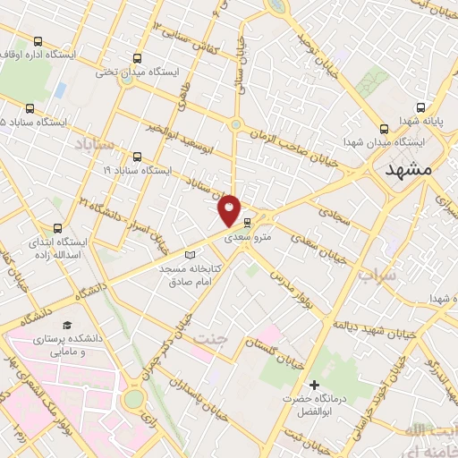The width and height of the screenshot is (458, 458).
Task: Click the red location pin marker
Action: click(x=230, y=211)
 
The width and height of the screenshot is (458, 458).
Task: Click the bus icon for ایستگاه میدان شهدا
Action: click(x=384, y=129)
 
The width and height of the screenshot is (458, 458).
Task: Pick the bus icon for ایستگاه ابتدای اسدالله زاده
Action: click(x=59, y=228)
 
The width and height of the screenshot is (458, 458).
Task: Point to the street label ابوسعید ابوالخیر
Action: click(x=198, y=136)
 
